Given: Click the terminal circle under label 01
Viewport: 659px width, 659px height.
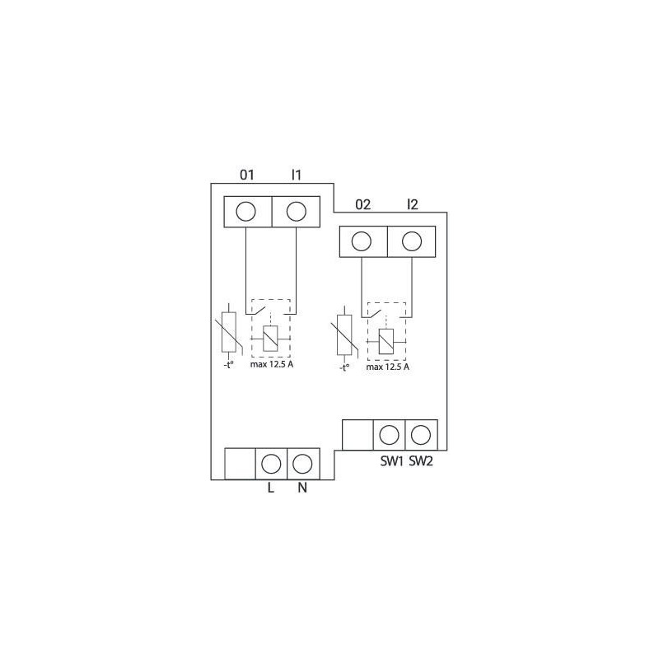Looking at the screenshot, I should (x=245, y=212).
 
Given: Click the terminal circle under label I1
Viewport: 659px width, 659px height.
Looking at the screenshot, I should (x=295, y=212).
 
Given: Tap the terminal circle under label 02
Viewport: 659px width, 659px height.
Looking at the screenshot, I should (x=361, y=241).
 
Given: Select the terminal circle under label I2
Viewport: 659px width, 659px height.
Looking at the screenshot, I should (x=411, y=241).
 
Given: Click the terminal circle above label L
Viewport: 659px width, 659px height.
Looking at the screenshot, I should (x=272, y=462).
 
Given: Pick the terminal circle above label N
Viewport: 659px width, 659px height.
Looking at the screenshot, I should (x=302, y=462).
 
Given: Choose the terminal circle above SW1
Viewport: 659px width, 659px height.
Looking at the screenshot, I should (x=390, y=434).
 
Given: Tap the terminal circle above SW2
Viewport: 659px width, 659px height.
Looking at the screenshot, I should (x=421, y=434).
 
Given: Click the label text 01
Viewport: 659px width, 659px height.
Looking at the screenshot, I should (x=246, y=175).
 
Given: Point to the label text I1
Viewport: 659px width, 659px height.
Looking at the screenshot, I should (x=297, y=175).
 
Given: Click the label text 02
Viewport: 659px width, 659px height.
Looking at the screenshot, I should (x=362, y=204).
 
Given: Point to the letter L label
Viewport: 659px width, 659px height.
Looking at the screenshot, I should (x=270, y=488).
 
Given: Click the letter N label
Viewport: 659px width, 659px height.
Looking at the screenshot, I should (x=302, y=488).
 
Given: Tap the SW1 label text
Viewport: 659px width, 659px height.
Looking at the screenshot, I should (x=390, y=461).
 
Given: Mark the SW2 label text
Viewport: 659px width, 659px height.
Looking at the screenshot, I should (x=421, y=461).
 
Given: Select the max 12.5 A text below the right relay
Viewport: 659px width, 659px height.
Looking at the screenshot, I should (x=387, y=367).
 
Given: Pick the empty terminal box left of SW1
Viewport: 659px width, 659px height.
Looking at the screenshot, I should (x=358, y=434).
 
